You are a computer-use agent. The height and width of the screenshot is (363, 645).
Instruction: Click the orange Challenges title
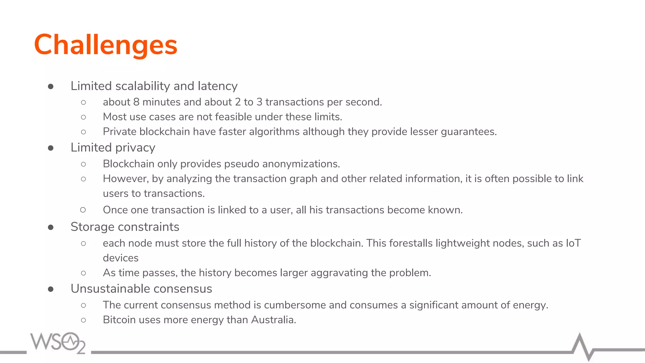[106, 45]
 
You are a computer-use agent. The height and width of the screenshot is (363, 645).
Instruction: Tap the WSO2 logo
[58, 343]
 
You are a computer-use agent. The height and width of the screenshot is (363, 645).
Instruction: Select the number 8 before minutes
[136, 102]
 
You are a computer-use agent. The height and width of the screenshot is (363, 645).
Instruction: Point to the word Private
[120, 132]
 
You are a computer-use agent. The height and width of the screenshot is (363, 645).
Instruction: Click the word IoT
[573, 243]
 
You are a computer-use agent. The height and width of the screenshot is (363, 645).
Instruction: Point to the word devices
[121, 258]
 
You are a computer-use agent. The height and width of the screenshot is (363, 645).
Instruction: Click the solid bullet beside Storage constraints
[51, 227]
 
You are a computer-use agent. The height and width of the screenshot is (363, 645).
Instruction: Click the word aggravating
[339, 273]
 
